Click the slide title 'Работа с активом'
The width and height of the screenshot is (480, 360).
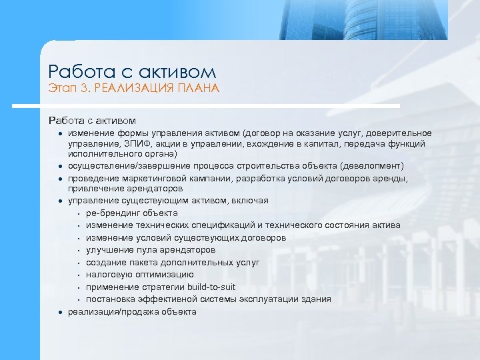pos(132,71)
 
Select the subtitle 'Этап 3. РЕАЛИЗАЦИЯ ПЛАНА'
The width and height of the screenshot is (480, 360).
pos(133,89)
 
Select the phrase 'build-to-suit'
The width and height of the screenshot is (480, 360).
pos(213,287)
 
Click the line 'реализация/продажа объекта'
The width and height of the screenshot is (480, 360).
pos(132,311)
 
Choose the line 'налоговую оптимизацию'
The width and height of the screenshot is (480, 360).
pos(140,274)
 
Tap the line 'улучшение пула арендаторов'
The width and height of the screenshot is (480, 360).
pos(151,250)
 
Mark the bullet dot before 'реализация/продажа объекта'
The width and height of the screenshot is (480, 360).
pos(59,312)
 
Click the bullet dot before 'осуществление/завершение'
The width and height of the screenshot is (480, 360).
pos(59,166)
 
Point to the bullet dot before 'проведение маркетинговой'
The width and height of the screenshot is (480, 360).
pos(59,179)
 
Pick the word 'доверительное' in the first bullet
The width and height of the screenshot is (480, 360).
pos(402,133)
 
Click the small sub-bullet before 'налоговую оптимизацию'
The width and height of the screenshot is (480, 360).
pos(79,275)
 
